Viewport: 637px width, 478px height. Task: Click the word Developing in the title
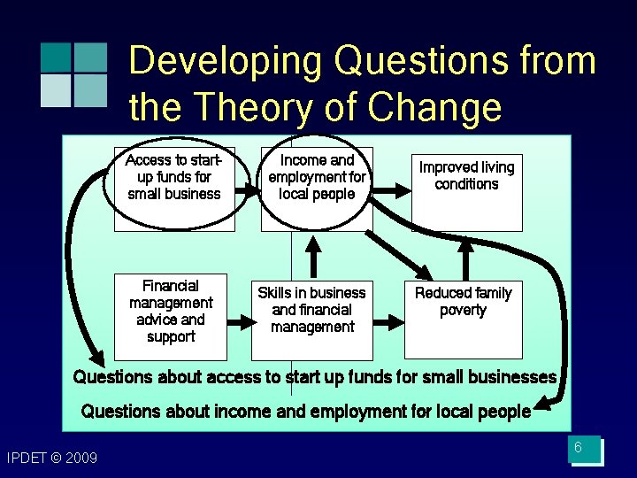(226, 62)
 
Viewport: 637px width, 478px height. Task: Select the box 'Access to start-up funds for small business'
(174, 177)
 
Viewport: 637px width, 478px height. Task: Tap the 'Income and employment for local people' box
(316, 177)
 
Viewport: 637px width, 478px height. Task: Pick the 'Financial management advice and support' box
(171, 311)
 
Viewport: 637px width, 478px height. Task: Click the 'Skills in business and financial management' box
(311, 310)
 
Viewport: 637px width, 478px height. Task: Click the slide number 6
(578, 448)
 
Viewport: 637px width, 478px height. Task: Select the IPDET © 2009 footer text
(51, 458)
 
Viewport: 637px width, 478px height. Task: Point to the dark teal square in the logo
(56, 57)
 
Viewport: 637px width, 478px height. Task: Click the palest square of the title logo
(56, 90)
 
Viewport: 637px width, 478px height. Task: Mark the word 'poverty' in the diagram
(463, 310)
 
